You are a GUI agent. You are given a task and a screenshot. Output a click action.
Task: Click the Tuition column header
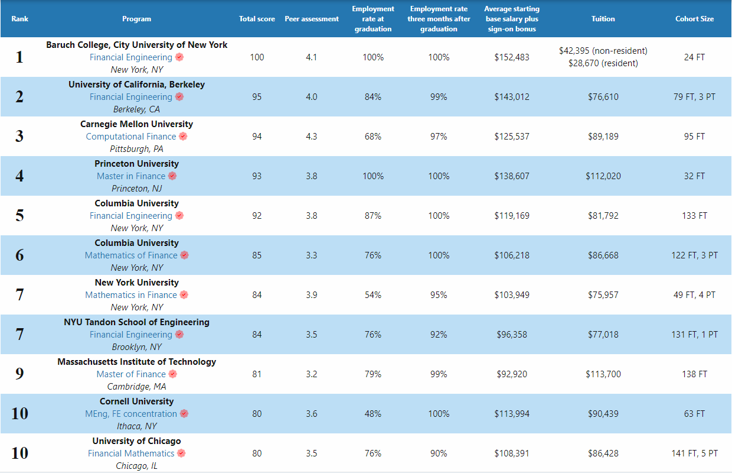click(603, 19)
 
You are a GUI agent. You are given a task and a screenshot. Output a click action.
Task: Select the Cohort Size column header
click(694, 19)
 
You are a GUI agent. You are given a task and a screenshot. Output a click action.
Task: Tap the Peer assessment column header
click(312, 19)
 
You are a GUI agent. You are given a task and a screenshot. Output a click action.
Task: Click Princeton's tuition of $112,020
click(603, 176)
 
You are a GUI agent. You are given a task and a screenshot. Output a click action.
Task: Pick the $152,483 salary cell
click(512, 57)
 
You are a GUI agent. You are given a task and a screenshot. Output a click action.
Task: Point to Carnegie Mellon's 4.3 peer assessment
click(312, 137)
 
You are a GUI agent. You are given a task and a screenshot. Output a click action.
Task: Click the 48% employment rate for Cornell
click(373, 414)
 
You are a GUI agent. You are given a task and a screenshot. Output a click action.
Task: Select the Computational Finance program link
click(131, 137)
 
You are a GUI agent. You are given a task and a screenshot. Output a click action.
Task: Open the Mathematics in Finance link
click(131, 295)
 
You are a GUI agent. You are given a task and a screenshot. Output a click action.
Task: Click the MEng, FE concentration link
click(131, 414)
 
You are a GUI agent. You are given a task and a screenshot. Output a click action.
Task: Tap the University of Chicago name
click(136, 441)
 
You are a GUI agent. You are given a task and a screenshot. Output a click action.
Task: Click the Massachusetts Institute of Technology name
click(136, 362)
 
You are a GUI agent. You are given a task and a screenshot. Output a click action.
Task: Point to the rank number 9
click(19, 374)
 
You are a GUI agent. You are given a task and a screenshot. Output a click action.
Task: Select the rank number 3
click(19, 137)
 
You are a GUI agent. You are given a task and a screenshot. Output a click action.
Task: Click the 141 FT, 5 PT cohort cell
click(694, 453)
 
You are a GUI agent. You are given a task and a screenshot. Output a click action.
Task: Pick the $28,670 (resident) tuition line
click(603, 63)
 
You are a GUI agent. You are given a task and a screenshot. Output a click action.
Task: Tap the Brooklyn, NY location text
click(136, 347)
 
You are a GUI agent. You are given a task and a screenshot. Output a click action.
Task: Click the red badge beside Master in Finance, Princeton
click(172, 176)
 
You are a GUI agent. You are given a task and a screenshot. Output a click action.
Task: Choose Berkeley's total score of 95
click(257, 97)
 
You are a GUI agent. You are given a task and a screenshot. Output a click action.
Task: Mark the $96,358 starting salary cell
click(512, 335)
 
